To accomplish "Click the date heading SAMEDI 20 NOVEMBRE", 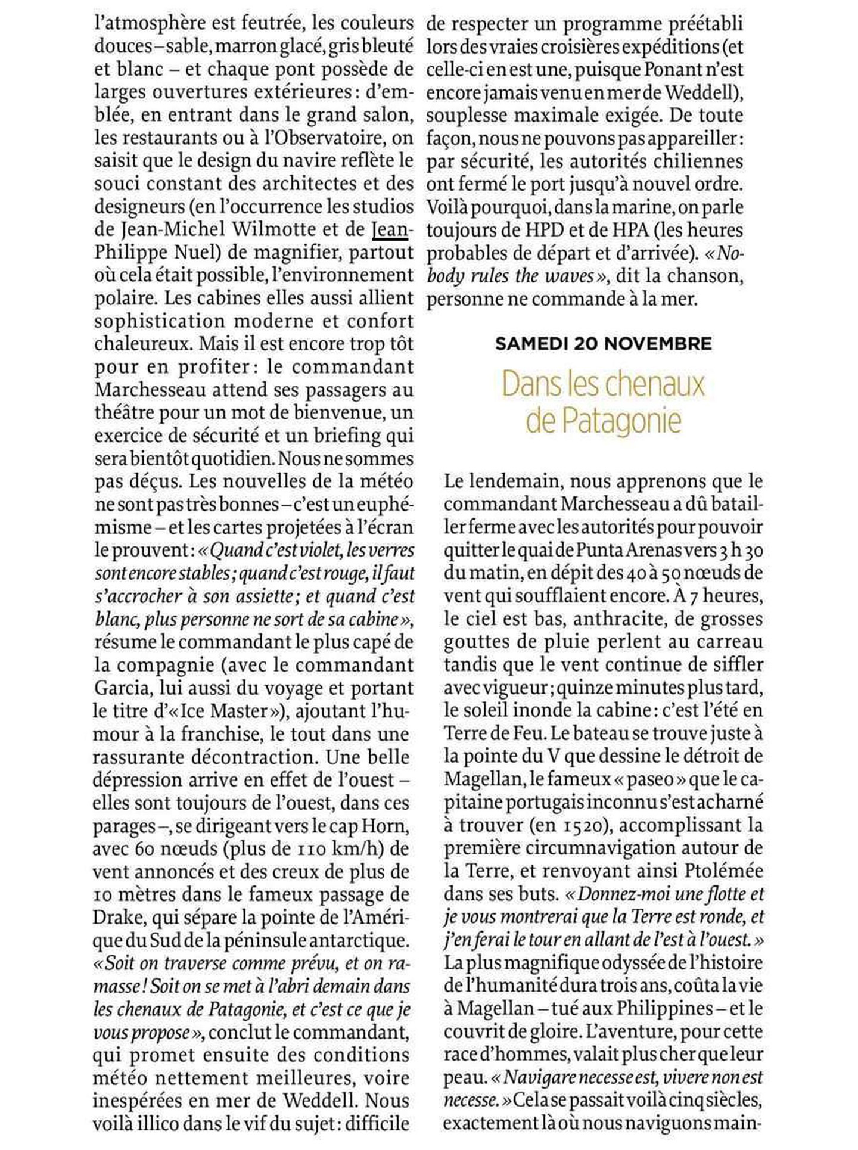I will [603, 344].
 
